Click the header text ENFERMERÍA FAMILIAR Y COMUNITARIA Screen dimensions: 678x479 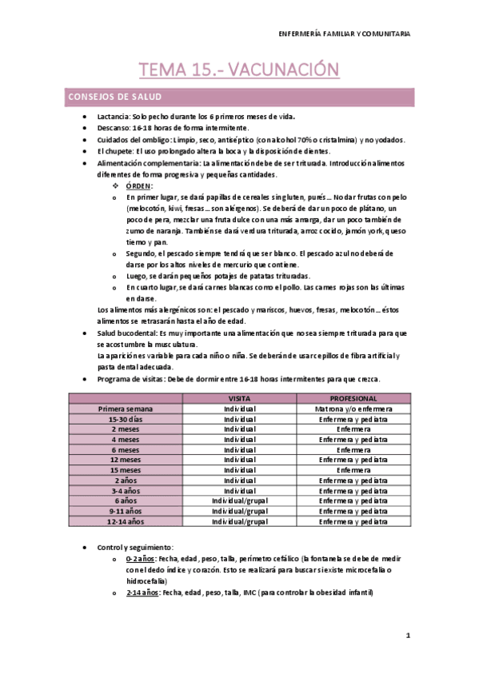(344, 34)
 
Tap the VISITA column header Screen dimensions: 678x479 (240, 397)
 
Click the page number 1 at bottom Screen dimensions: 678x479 (407, 636)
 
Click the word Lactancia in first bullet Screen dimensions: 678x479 (114, 117)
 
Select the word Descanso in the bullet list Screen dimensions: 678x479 (114, 128)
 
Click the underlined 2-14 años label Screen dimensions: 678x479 (142, 592)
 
